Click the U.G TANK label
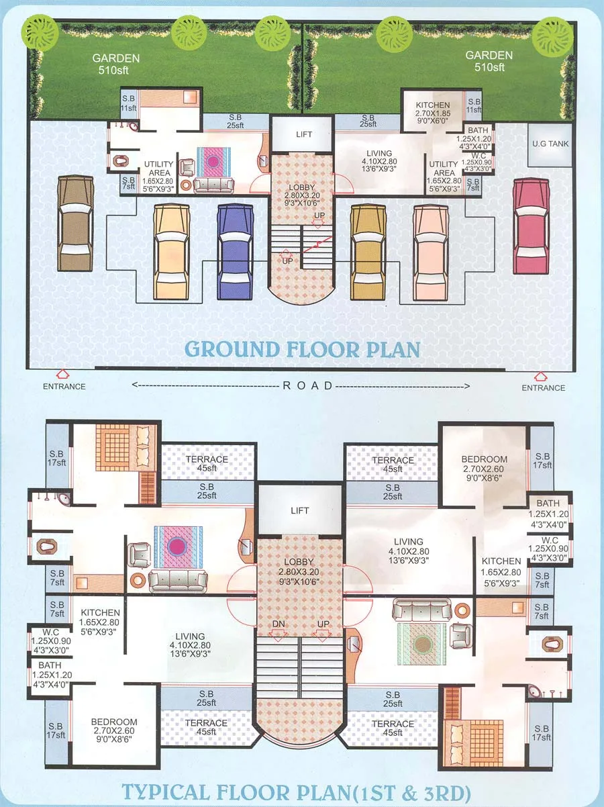549,144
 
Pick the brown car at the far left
74,224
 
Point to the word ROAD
307,385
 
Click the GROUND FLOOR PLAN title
302,349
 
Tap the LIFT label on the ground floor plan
304,134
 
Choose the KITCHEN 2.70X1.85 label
432,110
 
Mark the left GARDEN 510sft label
116,62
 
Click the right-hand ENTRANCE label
544,387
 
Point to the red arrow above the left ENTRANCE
62,373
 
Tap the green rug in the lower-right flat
422,644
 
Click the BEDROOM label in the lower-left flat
114,726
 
